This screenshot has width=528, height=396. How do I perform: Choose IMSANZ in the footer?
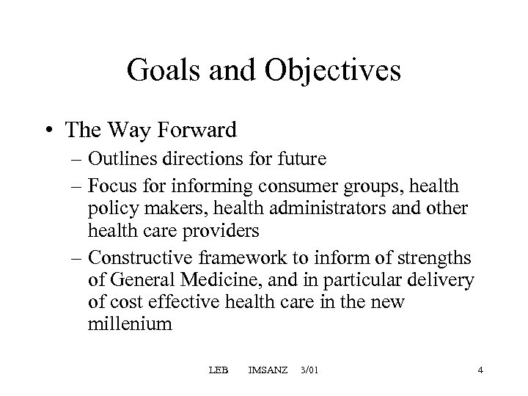268,370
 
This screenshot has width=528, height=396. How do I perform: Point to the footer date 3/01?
310,370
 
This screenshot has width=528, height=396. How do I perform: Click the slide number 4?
480,370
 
